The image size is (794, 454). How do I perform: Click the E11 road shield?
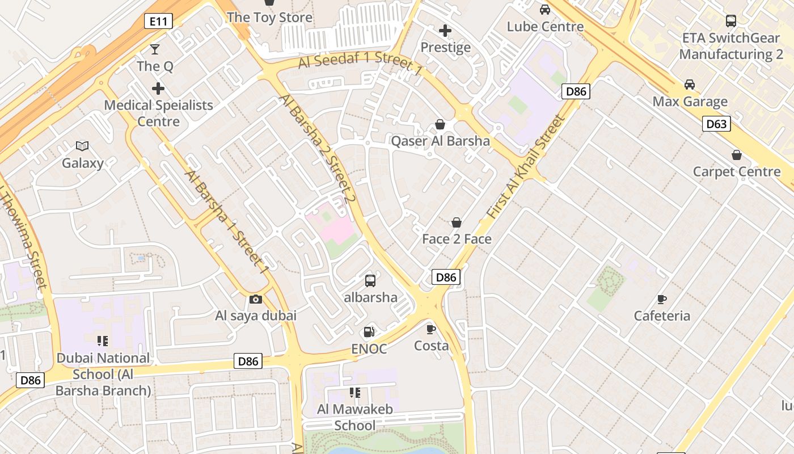(158, 22)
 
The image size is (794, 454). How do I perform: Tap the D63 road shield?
(716, 124)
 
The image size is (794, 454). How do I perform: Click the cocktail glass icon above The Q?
(155, 49)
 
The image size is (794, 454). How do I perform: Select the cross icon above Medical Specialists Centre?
(158, 89)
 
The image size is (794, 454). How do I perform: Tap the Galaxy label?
(83, 163)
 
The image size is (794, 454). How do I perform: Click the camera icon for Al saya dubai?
(256, 299)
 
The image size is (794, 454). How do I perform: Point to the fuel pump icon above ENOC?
(369, 332)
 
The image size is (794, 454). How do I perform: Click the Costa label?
(431, 346)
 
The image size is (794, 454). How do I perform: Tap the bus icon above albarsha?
(370, 280)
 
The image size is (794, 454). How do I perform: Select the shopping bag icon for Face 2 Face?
(457, 222)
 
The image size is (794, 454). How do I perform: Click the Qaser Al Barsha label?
(440, 141)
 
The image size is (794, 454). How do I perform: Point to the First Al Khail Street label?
(526, 167)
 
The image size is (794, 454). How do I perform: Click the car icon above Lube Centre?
(545, 10)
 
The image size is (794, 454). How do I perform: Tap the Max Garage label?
(690, 102)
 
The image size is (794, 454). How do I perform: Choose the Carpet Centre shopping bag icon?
(737, 155)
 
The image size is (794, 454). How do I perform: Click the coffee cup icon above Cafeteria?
(662, 299)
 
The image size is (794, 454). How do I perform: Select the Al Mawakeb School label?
(355, 417)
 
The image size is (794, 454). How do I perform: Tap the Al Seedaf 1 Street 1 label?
(361, 64)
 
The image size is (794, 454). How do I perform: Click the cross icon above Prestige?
(445, 31)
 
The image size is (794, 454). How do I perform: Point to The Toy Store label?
(269, 18)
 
